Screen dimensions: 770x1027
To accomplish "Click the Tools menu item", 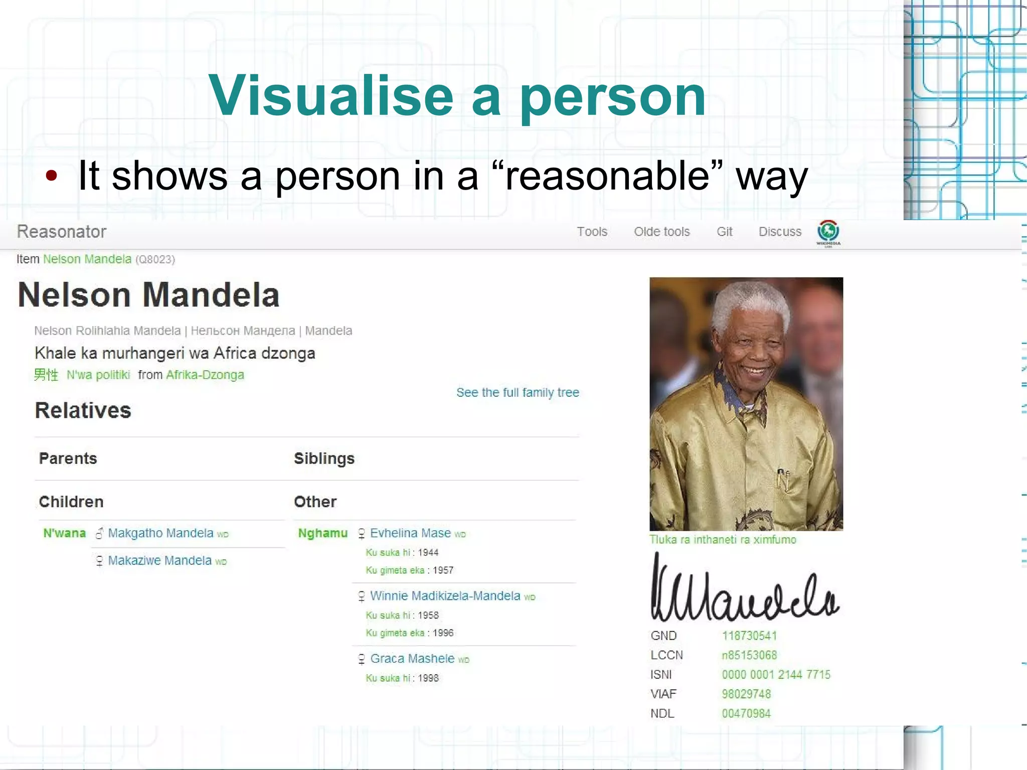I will pos(592,232).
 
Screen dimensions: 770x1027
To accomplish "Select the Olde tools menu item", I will pos(661,232).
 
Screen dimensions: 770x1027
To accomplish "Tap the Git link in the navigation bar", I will pos(724,232).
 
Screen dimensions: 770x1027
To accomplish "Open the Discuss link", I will pos(780,232).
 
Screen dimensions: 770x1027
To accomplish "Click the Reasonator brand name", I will pos(62,232).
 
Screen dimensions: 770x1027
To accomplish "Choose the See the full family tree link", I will pos(518,392).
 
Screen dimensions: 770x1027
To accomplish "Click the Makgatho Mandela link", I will pos(160,533).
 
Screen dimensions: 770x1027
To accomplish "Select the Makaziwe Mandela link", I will pos(159,560).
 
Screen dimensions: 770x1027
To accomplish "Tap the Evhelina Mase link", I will pos(410,533).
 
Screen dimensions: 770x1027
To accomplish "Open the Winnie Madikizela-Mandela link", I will pos(445,595).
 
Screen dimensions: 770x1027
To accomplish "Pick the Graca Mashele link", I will pos(412,658).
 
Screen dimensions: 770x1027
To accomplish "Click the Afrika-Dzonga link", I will pos(205,375).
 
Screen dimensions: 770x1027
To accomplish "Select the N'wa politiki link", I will pos(98,375).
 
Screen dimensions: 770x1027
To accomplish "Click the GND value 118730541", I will pos(749,636).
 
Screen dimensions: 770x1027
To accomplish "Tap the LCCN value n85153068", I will pos(749,655).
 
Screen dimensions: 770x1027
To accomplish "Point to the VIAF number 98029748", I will pos(746,694).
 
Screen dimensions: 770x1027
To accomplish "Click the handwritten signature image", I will pos(744,588).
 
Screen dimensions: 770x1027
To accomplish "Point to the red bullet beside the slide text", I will pos(51,176).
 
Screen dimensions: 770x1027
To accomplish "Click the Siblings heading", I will pos(324,458).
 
